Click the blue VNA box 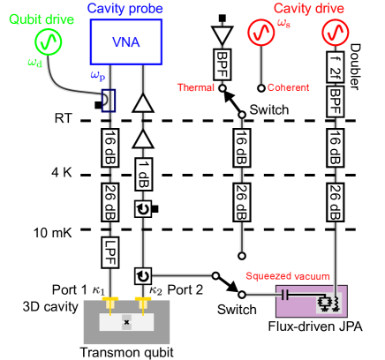[126, 41]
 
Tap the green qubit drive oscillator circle [49, 41]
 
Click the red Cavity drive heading [308, 8]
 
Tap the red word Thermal [195, 87]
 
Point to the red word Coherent [289, 87]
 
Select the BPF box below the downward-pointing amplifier [222, 62]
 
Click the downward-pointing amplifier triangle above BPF [222, 35]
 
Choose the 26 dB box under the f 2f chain [335, 202]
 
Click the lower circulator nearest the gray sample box [142, 276]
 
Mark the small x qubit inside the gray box [126, 322]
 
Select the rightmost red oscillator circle [335, 33]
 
